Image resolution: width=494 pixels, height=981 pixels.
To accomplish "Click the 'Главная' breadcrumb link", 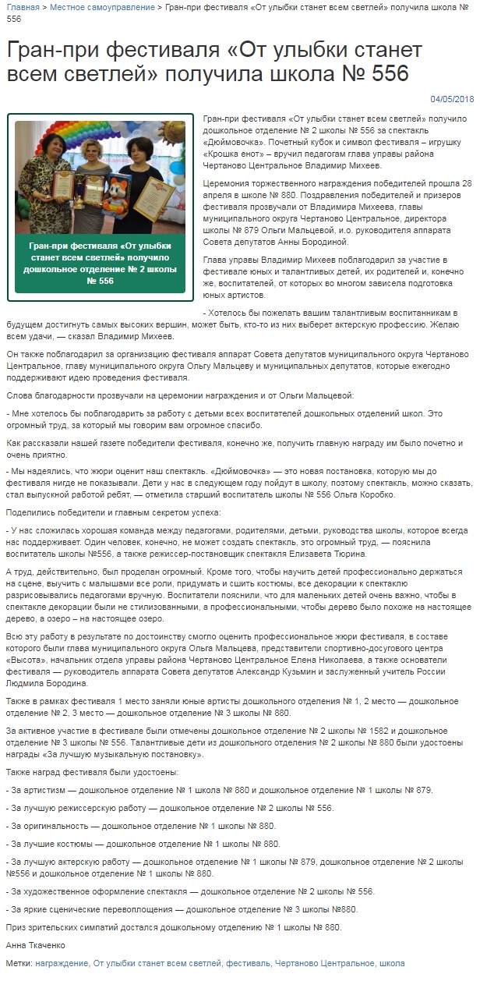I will [x=22, y=7].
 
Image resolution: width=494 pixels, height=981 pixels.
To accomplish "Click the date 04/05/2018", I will [x=452, y=99].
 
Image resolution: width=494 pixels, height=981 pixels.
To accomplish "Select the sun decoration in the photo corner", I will [x=172, y=133].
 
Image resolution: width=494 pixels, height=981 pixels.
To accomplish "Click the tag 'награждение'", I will [x=62, y=964].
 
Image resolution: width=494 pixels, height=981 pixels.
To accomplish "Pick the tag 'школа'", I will [x=392, y=964].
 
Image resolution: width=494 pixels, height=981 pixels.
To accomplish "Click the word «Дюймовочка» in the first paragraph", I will [x=237, y=143].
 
